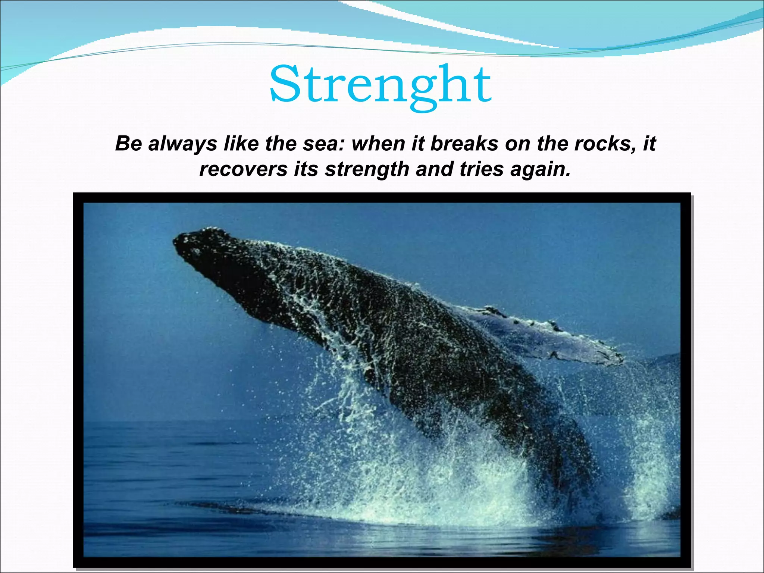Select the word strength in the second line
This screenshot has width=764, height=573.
(367, 169)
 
